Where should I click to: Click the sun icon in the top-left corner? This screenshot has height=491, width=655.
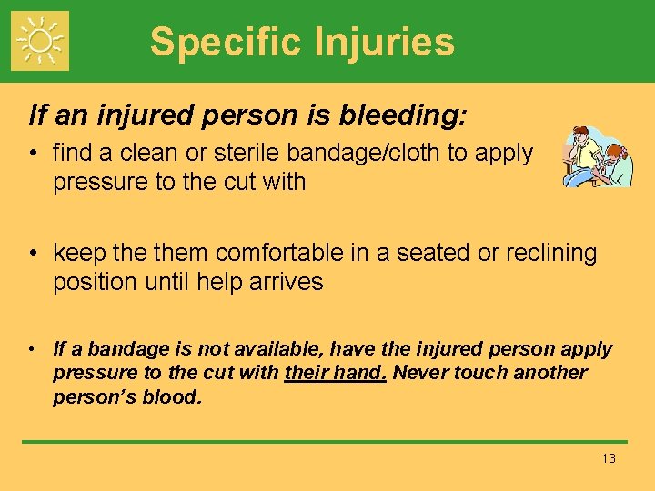39,41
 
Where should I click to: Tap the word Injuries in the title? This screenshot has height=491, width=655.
379,43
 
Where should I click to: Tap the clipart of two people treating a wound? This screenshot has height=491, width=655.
595,156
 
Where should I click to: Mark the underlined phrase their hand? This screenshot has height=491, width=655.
336,373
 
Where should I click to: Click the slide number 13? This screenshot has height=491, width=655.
609,458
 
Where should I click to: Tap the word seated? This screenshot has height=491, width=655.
429,253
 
